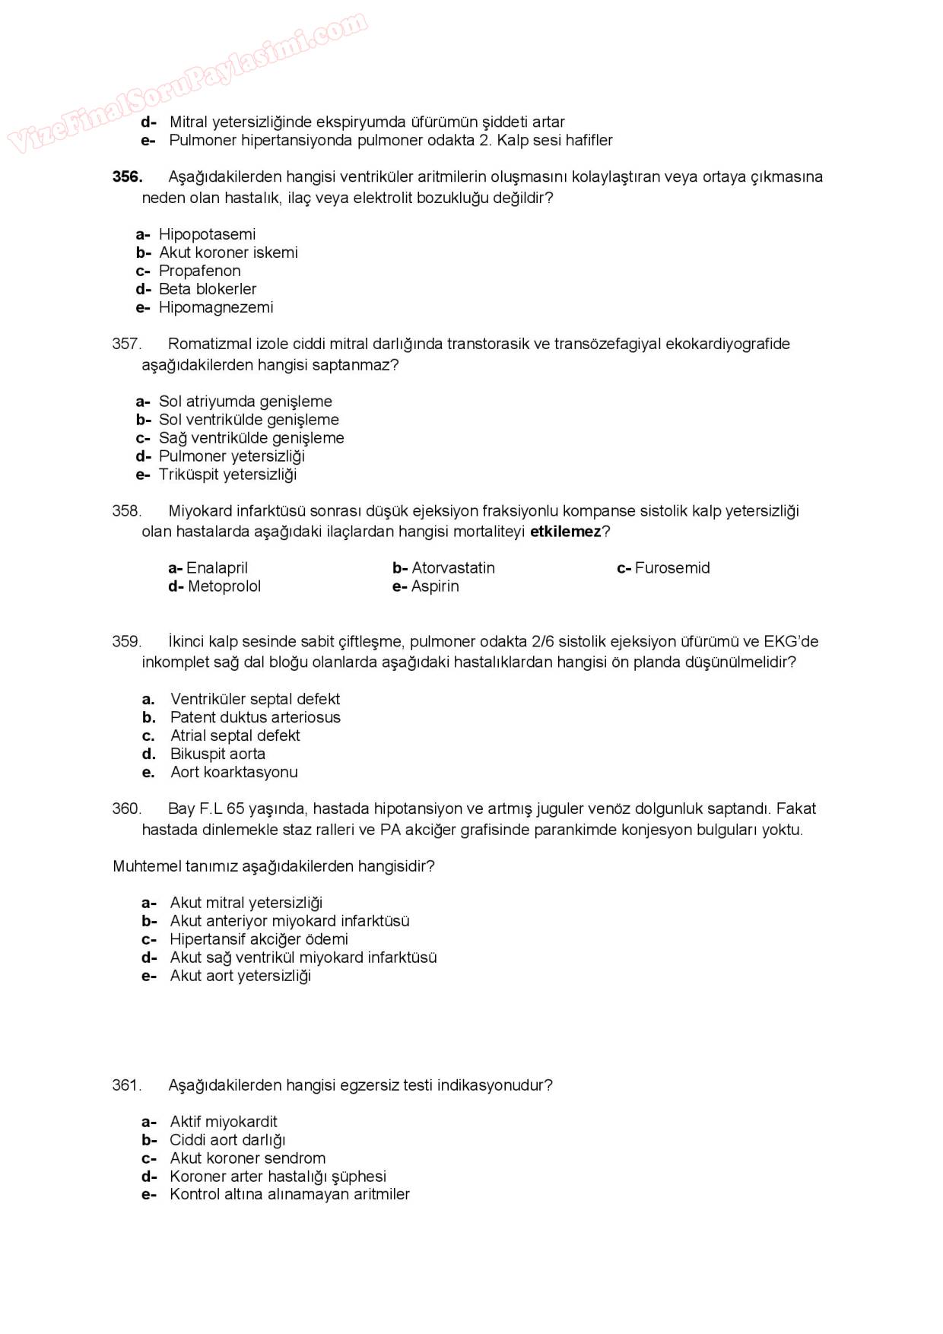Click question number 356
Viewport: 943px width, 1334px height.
click(127, 176)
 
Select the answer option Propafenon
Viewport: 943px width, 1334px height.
click(199, 271)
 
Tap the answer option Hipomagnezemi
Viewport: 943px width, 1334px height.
click(215, 307)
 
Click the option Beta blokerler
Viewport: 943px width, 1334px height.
click(207, 289)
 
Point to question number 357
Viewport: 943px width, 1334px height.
click(127, 344)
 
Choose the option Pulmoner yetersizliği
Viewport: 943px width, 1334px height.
click(231, 456)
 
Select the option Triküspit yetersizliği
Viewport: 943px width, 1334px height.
click(227, 475)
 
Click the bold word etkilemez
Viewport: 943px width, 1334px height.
click(565, 532)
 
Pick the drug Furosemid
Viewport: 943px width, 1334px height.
click(672, 568)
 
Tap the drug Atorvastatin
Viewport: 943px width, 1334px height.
click(452, 568)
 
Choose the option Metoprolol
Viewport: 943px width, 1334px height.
click(224, 586)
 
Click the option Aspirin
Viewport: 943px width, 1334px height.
click(434, 586)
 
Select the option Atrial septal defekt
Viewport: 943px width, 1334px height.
click(235, 735)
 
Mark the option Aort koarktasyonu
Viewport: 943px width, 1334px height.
click(233, 772)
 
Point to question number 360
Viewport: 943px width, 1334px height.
click(127, 808)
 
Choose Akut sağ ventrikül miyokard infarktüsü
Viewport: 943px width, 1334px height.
click(303, 958)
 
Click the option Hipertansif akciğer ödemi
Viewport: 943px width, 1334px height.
click(259, 939)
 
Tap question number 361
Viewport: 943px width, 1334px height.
click(127, 1085)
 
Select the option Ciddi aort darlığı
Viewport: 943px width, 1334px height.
click(227, 1140)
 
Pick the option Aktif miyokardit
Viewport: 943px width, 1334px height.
click(224, 1122)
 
